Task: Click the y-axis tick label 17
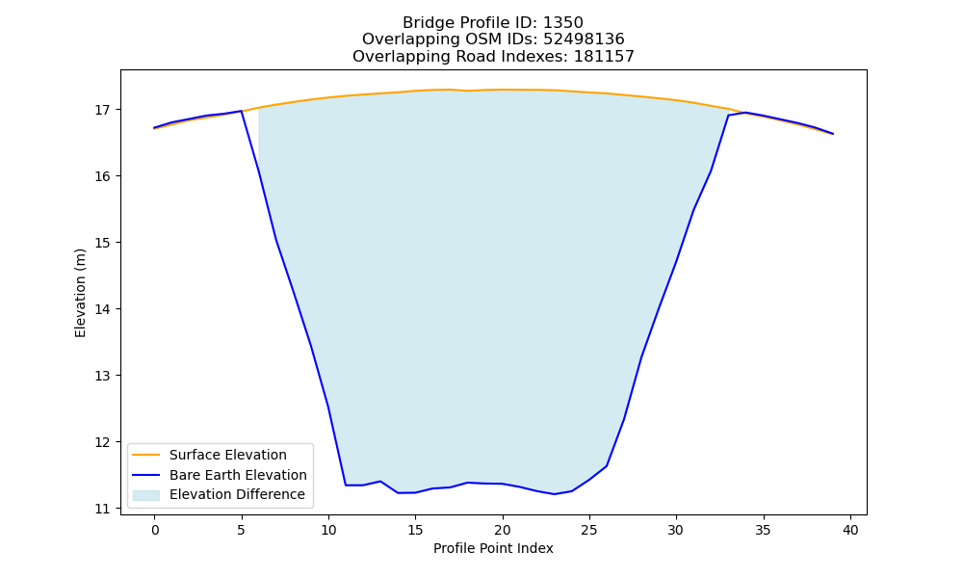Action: (102, 110)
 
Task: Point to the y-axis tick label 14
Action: (102, 309)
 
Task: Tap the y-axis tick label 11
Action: (102, 509)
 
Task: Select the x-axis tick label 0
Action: (154, 530)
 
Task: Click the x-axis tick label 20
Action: (503, 530)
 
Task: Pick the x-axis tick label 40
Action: (850, 530)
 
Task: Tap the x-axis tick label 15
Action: (415, 530)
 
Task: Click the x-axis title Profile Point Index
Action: (493, 548)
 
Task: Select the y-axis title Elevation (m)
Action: (80, 293)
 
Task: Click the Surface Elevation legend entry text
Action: (228, 455)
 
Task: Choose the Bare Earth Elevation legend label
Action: (238, 475)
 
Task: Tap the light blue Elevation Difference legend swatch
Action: (146, 495)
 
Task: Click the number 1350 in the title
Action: (563, 23)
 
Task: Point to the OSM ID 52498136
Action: (585, 39)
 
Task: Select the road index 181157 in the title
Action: (604, 57)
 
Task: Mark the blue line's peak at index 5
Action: (242, 111)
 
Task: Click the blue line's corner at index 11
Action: (346, 486)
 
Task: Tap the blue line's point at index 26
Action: (607, 466)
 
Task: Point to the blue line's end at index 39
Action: (833, 133)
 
